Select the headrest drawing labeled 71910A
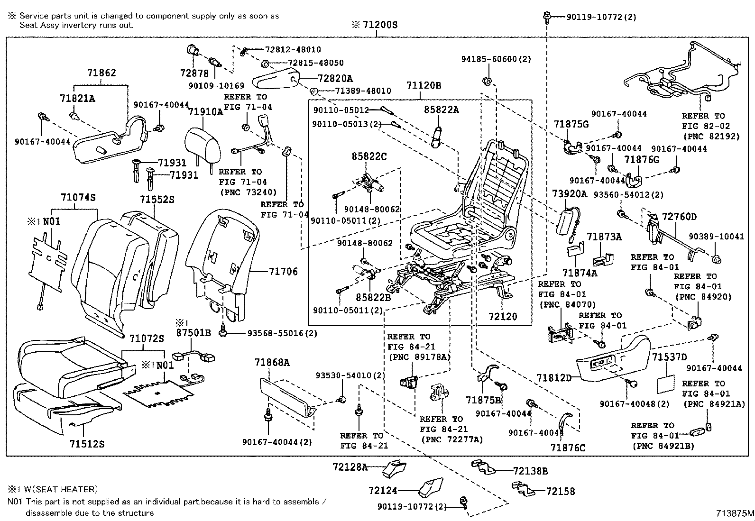click(203, 143)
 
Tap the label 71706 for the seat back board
click(283, 271)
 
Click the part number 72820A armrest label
click(335, 79)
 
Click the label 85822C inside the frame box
click(369, 156)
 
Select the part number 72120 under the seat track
click(503, 316)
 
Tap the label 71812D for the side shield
click(554, 378)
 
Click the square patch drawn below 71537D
click(665, 384)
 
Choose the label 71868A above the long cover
click(271, 362)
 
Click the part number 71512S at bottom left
click(87, 444)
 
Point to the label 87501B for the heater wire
click(193, 332)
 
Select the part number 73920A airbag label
click(569, 194)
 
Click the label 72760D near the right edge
click(679, 217)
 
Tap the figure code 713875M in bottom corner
click(735, 513)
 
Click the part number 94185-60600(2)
click(496, 59)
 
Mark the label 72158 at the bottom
click(560, 491)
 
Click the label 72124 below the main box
click(382, 491)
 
